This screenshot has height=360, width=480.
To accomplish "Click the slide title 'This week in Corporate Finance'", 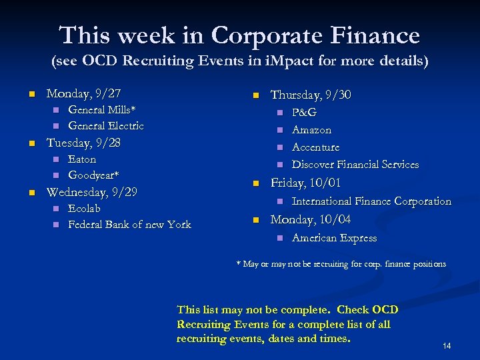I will click(x=239, y=35).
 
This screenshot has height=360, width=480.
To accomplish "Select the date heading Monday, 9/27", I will click(x=83, y=93).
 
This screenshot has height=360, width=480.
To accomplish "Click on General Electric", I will click(x=106, y=126).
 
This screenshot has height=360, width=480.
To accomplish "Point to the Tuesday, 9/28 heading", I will click(x=83, y=143).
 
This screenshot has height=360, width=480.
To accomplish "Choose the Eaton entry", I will click(x=82, y=159).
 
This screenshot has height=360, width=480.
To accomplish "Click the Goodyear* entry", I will click(x=93, y=175).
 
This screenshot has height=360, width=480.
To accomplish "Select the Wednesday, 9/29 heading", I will click(x=91, y=192).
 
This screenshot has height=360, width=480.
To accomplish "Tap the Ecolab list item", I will click(x=84, y=209).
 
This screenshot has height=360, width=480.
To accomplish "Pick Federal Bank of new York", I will click(x=129, y=225).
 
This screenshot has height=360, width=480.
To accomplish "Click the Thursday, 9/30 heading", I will click(x=310, y=95).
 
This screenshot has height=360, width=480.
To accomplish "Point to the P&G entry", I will click(x=304, y=113).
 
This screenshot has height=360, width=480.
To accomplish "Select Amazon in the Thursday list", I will click(x=311, y=130).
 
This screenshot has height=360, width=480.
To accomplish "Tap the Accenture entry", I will click(x=315, y=147).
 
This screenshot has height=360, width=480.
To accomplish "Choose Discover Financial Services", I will click(x=355, y=165).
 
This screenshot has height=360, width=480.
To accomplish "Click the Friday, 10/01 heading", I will click(x=305, y=183).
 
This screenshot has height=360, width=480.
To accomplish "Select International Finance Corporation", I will click(x=371, y=201).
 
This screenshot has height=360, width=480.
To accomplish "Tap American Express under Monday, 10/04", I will click(x=334, y=238).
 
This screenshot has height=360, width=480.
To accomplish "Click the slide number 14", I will click(x=447, y=346).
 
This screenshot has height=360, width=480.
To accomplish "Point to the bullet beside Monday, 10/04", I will click(x=255, y=220).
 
